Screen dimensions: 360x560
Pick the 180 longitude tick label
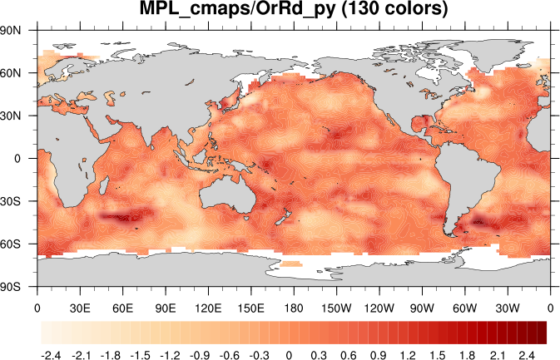pos(294,307)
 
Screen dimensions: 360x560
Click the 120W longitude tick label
pos(379,307)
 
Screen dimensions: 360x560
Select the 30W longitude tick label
pos(508,307)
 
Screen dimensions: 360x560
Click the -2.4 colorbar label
pos(51,355)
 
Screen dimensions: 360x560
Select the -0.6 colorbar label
pos(230,355)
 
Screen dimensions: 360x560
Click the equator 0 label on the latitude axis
pos(28,158)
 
